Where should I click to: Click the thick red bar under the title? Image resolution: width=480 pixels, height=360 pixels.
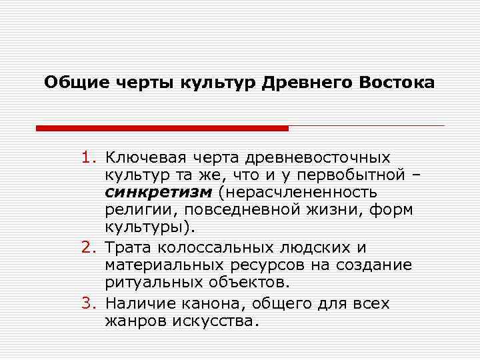click(162, 127)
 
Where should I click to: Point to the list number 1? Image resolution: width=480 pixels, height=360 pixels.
click(89, 158)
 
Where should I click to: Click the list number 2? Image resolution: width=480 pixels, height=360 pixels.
click(89, 248)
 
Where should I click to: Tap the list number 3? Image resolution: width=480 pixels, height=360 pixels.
click(89, 303)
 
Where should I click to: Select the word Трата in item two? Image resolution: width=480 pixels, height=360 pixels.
click(127, 248)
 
